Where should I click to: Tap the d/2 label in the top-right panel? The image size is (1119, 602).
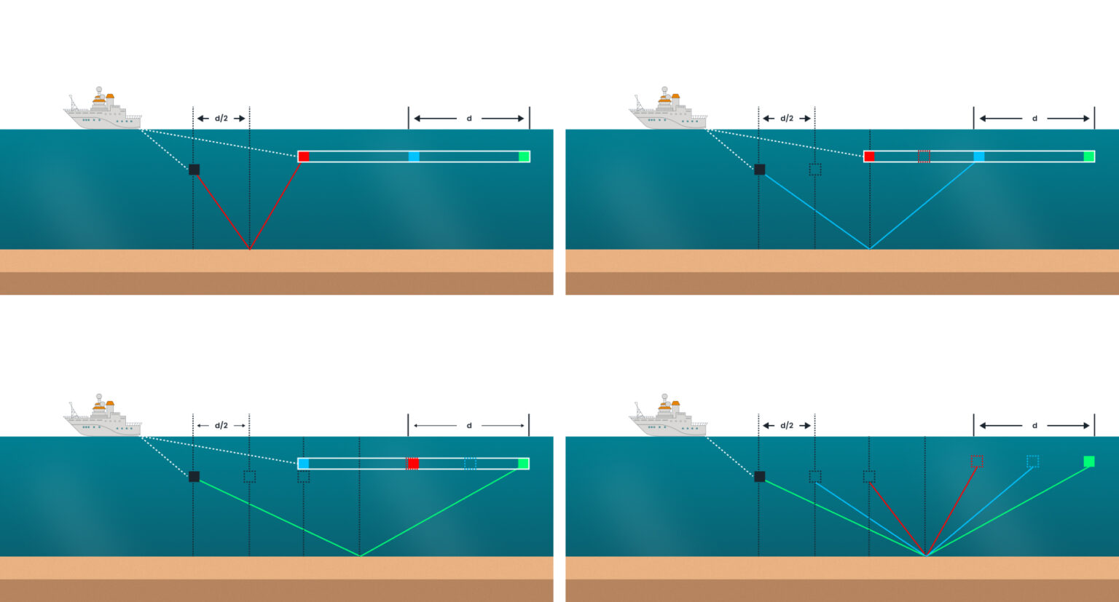(787, 119)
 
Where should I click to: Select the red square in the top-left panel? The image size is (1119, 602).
(304, 157)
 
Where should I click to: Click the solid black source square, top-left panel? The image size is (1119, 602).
(195, 170)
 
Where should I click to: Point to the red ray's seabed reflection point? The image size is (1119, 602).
(250, 249)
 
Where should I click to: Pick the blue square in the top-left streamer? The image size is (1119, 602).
(414, 157)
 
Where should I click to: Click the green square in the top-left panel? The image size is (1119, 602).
(524, 157)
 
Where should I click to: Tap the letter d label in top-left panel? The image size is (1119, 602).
(468, 119)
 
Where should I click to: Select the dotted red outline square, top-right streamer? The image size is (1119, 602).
(924, 157)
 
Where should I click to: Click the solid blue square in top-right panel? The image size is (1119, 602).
(979, 157)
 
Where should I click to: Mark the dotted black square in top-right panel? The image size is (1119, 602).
(815, 170)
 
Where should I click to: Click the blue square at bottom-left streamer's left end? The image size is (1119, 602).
(304, 464)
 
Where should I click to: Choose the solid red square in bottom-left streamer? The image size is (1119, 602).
(413, 464)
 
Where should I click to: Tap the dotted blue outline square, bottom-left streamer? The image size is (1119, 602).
(470, 464)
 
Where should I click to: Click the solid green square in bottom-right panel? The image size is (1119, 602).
(1089, 462)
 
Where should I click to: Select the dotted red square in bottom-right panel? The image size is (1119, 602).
(977, 462)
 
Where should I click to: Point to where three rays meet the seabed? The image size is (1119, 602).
(925, 555)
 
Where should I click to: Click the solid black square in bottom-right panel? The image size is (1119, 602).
(760, 477)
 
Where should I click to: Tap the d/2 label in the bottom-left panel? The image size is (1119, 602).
(221, 426)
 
